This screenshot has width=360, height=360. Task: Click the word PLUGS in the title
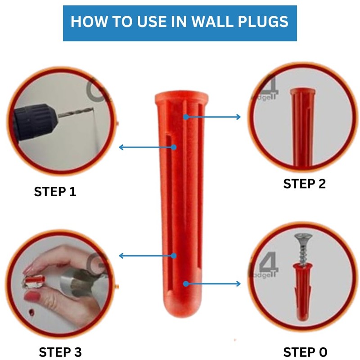(263, 22)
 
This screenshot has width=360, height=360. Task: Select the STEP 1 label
(55, 192)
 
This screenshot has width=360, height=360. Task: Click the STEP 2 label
(305, 184)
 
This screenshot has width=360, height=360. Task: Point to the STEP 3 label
(60, 352)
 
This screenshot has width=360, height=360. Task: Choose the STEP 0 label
(305, 352)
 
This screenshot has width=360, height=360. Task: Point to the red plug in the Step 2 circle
(302, 127)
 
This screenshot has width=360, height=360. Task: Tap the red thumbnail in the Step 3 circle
(31, 296)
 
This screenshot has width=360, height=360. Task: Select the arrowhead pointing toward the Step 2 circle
(238, 117)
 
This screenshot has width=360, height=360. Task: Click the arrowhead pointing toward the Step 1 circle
(121, 147)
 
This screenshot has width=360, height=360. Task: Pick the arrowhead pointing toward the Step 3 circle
(121, 256)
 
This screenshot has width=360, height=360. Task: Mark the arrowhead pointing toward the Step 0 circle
(238, 284)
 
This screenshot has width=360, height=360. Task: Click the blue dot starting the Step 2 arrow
(186, 117)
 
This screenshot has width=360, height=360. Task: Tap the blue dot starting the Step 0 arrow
(186, 284)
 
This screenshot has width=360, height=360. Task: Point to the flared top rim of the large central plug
(181, 97)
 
